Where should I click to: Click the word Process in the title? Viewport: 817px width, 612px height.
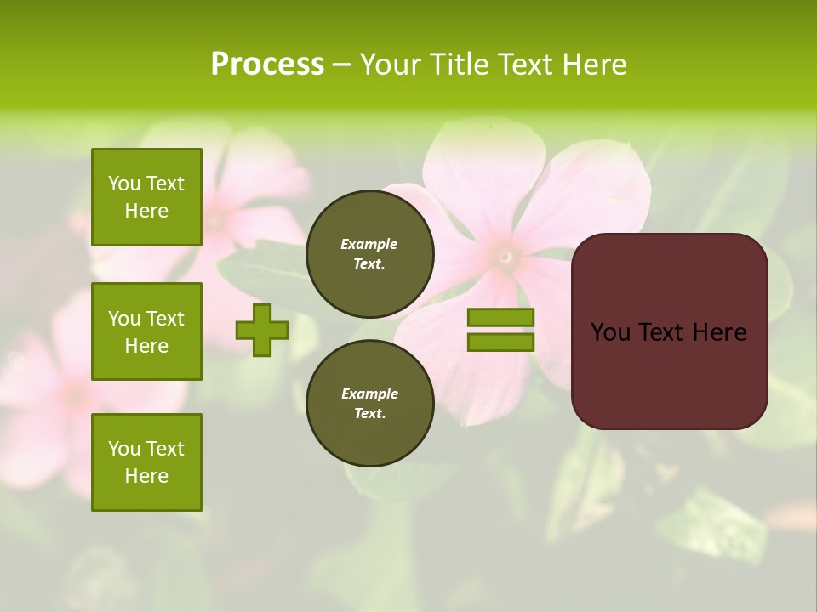267,65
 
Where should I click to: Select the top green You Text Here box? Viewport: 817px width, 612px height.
146,197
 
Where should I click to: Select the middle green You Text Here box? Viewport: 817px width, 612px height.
146,331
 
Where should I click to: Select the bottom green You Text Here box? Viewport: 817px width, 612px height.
146,462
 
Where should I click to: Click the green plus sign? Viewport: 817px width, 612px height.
262,330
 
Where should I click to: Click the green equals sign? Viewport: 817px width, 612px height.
500,330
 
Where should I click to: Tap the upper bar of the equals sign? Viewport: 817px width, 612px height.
500,317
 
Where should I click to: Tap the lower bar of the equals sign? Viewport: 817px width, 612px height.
500,343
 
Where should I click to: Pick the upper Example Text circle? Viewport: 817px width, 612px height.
369,253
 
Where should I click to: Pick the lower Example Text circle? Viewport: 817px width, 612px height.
369,403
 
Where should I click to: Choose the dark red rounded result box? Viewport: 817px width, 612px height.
669,331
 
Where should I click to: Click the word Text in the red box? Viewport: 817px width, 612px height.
664,332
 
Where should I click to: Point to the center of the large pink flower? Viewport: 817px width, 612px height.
506,255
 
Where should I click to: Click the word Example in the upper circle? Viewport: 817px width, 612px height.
369,244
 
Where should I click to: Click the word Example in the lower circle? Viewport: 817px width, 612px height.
369,394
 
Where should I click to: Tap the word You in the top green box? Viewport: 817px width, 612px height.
123,184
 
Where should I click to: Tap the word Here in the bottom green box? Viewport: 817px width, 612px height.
146,476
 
